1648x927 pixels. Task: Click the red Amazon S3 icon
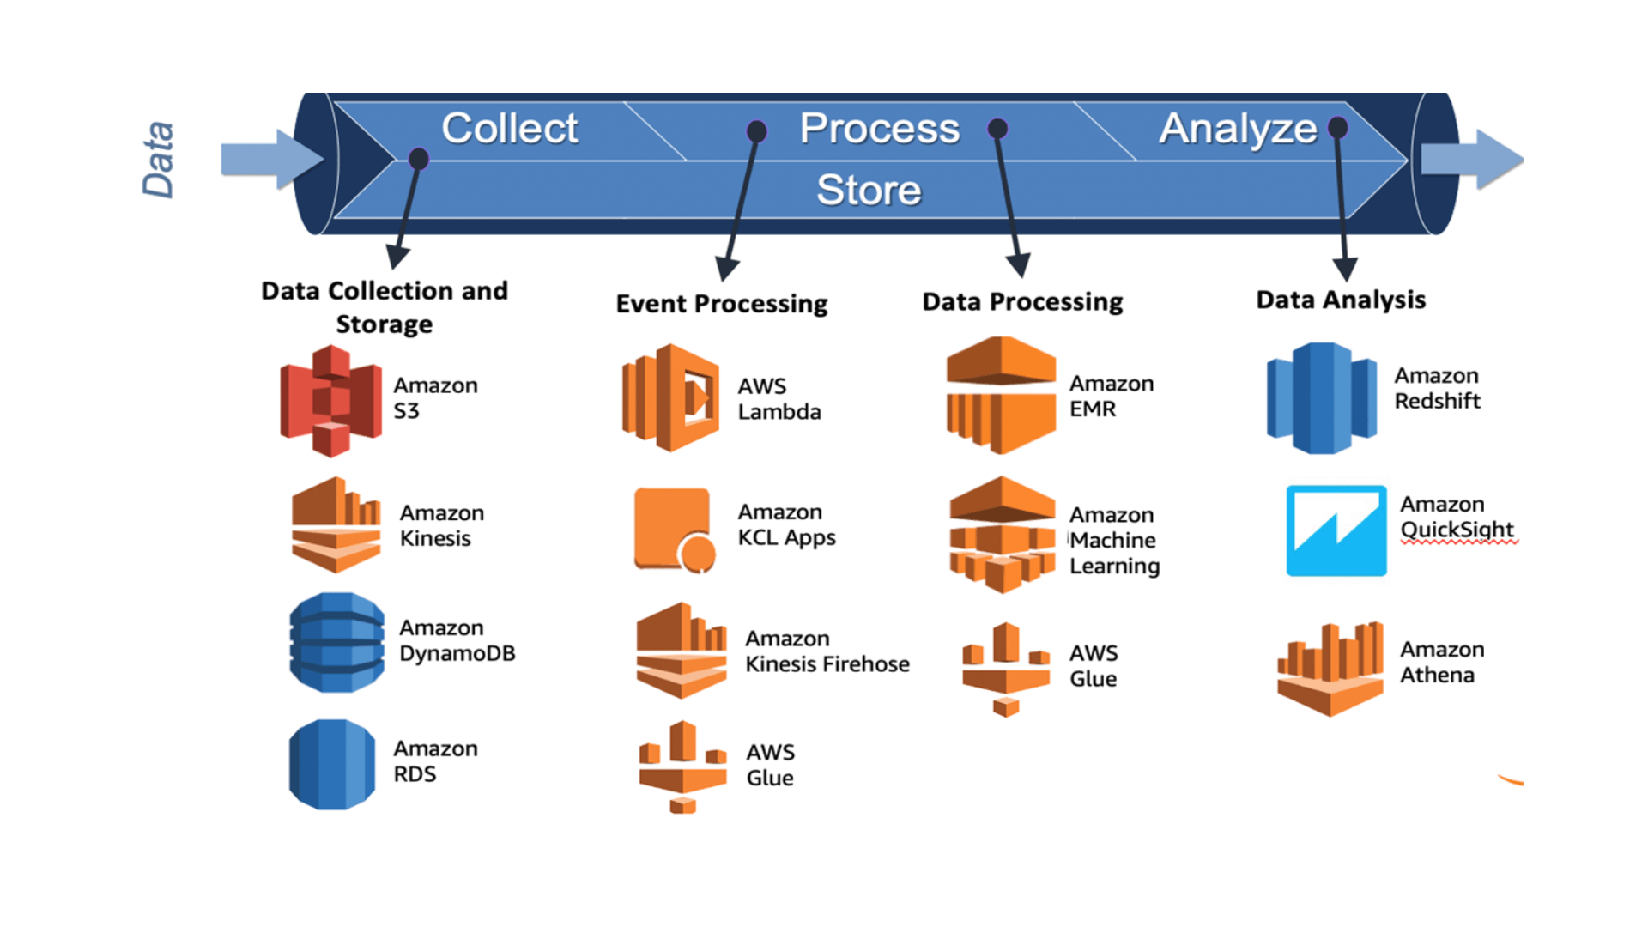[331, 401]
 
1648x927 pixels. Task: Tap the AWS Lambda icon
[670, 398]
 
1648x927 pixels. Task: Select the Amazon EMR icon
[1001, 395]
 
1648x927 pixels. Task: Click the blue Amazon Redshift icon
[1322, 398]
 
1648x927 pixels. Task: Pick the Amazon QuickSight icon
[1336, 530]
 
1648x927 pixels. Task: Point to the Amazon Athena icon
[1330, 669]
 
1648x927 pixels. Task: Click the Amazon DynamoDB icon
[337, 642]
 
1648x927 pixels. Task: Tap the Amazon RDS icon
[332, 764]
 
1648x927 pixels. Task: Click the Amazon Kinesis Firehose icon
[682, 650]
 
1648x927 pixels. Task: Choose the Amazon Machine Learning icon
[1003, 535]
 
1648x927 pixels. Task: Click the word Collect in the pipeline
[510, 129]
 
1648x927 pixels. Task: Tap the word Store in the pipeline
[869, 190]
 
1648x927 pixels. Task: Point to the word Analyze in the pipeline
[1238, 130]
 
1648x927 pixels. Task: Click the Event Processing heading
[722, 304]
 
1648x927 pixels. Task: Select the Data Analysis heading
[1341, 300]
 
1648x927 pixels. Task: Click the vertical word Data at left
[158, 160]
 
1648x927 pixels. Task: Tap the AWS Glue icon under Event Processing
[682, 766]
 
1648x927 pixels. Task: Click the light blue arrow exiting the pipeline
[1472, 160]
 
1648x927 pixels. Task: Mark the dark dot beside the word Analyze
[1337, 128]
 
